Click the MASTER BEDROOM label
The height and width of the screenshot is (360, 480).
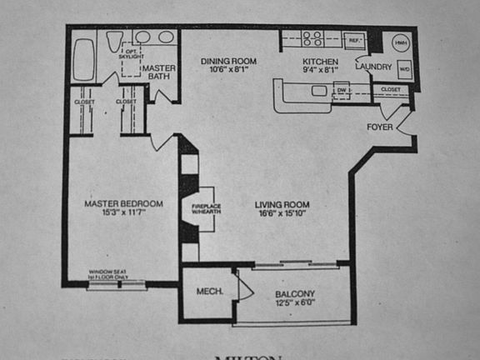tap(123, 203)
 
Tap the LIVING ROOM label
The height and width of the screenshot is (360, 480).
tap(283, 204)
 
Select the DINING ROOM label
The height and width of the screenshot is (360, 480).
tap(228, 61)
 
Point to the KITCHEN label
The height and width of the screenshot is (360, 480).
tap(320, 62)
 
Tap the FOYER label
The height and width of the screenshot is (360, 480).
tap(380, 127)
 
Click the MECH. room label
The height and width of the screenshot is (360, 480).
tap(208, 292)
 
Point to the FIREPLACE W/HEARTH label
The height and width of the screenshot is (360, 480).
tap(205, 207)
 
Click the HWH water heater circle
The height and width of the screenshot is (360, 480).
tap(401, 42)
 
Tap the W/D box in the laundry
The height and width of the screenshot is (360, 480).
tap(403, 69)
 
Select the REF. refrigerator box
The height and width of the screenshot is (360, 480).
tap(353, 39)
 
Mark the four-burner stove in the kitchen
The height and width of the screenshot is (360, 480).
tap(312, 38)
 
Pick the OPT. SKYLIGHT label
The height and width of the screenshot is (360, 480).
tap(131, 52)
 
